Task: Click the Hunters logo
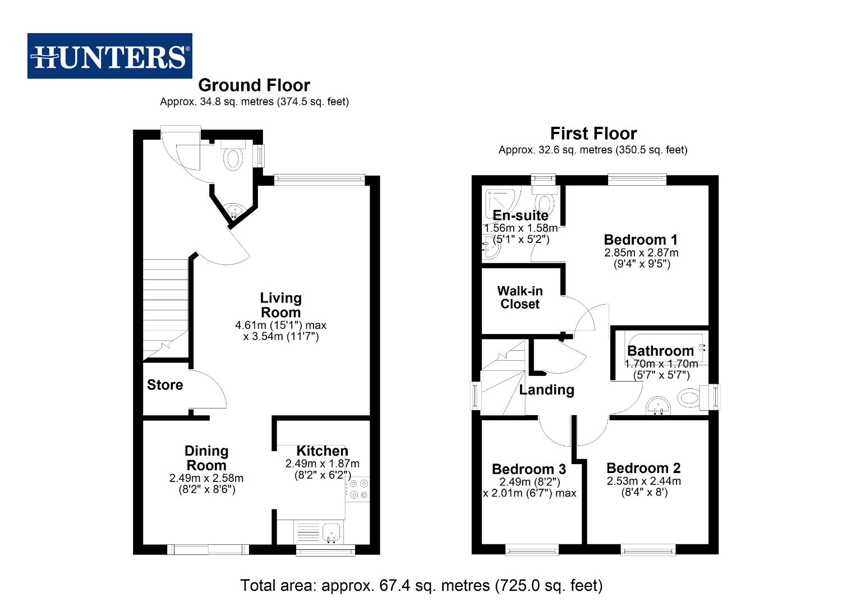[x=109, y=56]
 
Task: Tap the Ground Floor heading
[x=254, y=85]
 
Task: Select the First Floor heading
[x=593, y=134]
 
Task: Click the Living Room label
[x=280, y=305]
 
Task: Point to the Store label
[x=165, y=385]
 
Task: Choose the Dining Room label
[x=206, y=458]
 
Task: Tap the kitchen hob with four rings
[x=358, y=488]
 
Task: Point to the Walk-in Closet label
[x=520, y=297]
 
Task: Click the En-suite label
[x=521, y=215]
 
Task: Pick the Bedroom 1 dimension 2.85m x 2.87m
[x=641, y=253]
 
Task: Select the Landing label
[x=546, y=390]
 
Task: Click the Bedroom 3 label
[x=529, y=469]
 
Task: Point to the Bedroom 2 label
[x=643, y=468]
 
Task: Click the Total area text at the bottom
[x=421, y=586]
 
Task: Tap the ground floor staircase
[x=165, y=309]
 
